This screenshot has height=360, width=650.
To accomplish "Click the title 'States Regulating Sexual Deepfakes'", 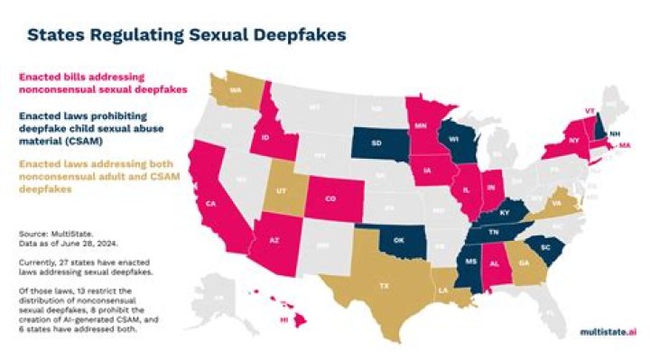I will point(185,35).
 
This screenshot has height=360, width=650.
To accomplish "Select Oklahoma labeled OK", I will point(396,241).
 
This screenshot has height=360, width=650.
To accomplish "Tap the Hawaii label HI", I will point(285,320).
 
